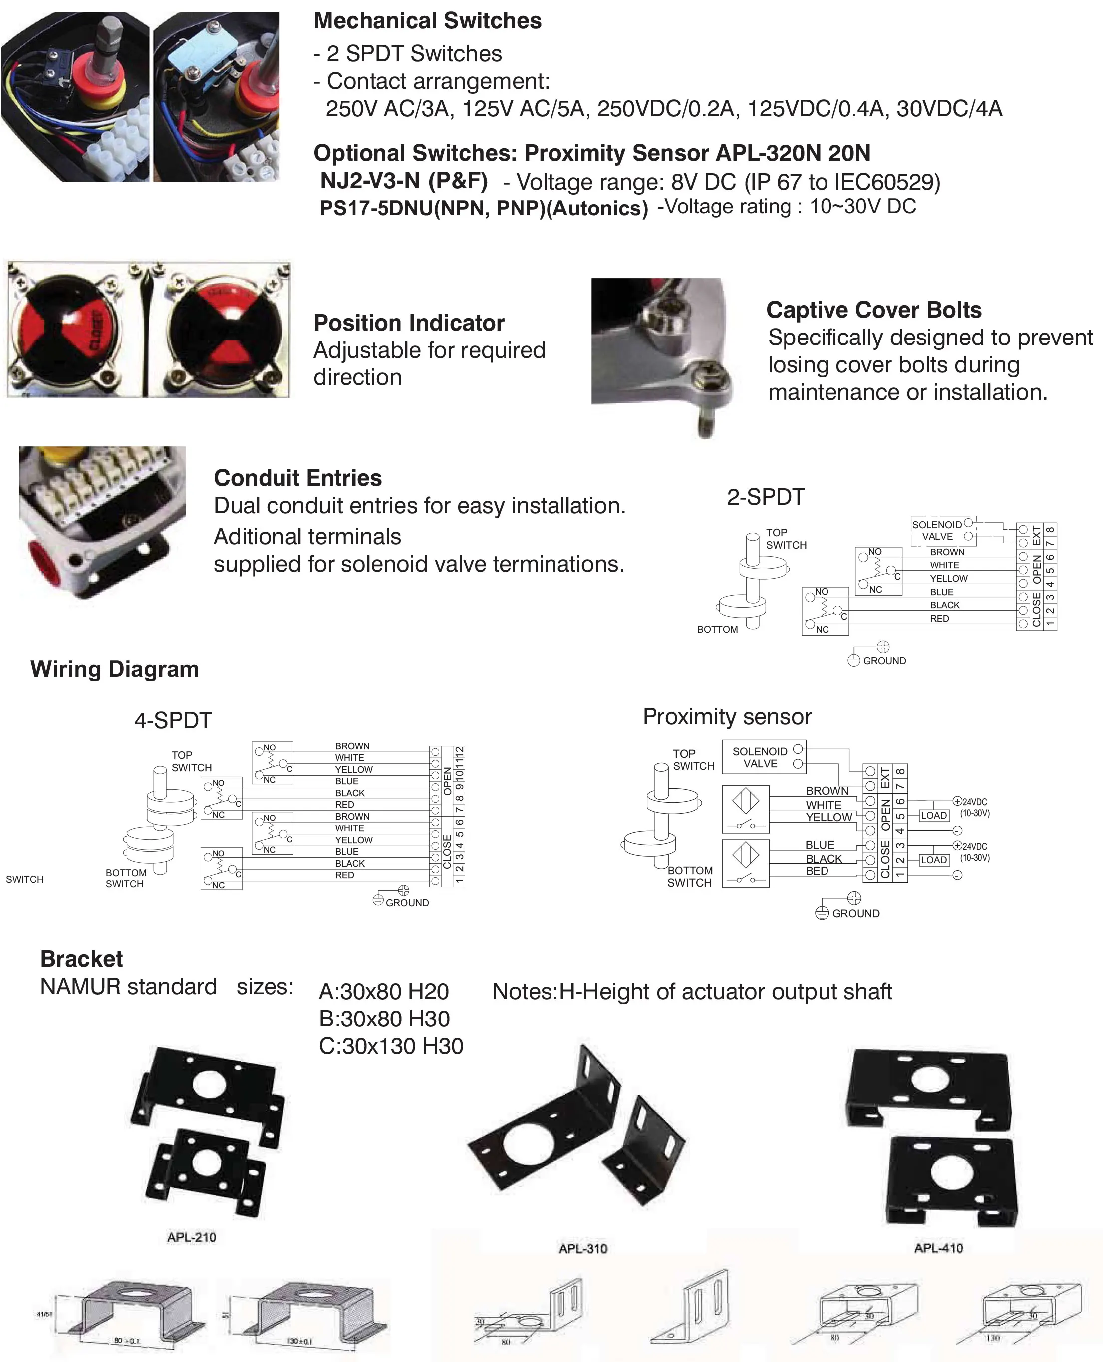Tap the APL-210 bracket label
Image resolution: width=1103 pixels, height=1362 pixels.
click(x=191, y=1237)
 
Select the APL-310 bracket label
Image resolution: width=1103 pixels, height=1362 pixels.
click(x=582, y=1248)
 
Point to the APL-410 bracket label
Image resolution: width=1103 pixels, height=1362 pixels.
click(x=938, y=1248)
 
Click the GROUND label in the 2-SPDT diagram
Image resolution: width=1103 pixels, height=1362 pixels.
click(x=884, y=661)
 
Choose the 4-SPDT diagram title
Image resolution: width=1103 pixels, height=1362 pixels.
click(x=173, y=721)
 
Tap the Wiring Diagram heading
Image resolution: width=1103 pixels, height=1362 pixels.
click(x=114, y=669)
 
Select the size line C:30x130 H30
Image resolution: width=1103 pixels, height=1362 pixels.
click(x=391, y=1046)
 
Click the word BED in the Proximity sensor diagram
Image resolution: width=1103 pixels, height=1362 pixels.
click(x=817, y=871)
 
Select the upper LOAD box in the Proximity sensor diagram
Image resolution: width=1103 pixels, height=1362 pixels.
click(x=933, y=815)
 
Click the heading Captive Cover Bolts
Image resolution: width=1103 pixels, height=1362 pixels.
click(x=873, y=310)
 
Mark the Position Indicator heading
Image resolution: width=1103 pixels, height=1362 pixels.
click(x=409, y=323)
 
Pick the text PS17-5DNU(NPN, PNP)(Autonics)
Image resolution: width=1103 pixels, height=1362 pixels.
click(x=484, y=209)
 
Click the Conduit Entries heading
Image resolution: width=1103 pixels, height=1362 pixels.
click(x=297, y=478)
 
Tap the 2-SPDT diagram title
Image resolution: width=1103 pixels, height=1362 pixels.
click(x=766, y=497)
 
